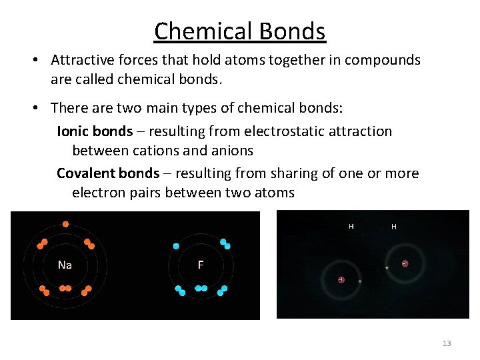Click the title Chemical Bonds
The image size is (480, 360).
click(x=239, y=31)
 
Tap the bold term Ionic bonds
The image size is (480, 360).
click(x=95, y=131)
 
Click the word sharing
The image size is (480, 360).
click(x=294, y=173)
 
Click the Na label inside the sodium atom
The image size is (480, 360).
click(x=65, y=265)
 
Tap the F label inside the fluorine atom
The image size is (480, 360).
click(x=201, y=265)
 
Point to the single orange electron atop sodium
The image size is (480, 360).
click(x=65, y=224)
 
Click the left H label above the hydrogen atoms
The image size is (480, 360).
click(x=351, y=227)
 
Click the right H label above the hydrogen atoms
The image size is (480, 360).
click(x=394, y=227)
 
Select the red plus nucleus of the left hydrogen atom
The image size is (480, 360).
click(x=341, y=279)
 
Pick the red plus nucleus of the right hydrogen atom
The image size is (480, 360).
click(x=405, y=263)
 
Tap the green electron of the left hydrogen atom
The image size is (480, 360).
click(x=360, y=281)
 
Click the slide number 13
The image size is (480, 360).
click(x=447, y=343)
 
